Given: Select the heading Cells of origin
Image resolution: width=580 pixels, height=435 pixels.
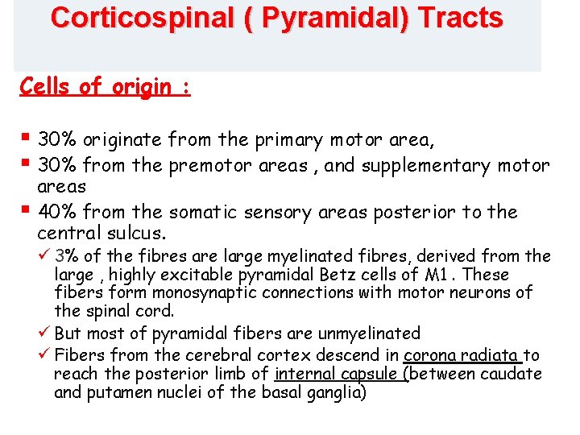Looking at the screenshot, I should (105, 87).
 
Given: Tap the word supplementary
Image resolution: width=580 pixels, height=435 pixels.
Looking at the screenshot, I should (436, 166).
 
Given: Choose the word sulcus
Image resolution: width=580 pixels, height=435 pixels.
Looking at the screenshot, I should (136, 234).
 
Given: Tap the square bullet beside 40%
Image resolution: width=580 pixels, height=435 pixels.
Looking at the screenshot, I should (26, 210).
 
